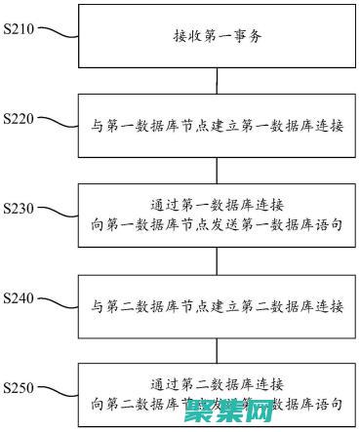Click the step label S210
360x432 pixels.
click(19, 28)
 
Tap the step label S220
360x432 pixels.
click(19, 118)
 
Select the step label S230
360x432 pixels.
click(19, 208)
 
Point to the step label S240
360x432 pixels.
click(19, 297)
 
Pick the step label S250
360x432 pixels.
click(19, 387)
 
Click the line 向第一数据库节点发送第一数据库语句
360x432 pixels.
click(216, 225)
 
